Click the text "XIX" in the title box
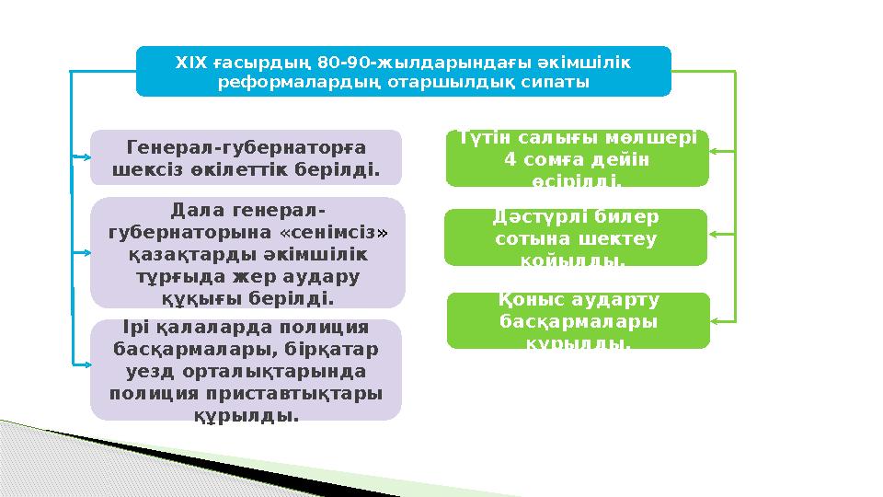click(x=190, y=64)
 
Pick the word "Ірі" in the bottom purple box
click(x=127, y=327)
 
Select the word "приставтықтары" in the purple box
click(x=314, y=394)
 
